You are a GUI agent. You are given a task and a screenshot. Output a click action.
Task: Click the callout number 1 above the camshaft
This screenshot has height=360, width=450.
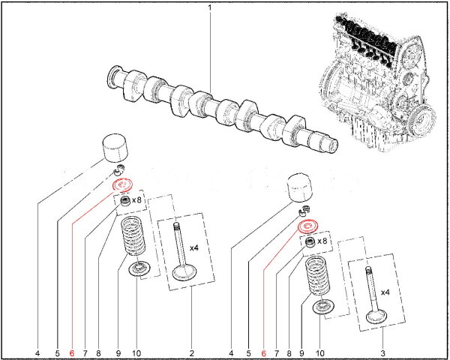click(x=210, y=7)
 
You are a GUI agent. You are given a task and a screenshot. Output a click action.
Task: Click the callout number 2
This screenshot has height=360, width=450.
click(x=191, y=352)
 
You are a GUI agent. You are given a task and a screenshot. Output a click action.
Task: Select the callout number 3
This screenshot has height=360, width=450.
click(x=382, y=352)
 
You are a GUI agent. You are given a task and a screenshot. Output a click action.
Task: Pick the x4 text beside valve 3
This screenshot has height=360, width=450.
click(x=385, y=292)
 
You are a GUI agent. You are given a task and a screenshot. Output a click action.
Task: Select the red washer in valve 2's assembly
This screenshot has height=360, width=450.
click(x=120, y=184)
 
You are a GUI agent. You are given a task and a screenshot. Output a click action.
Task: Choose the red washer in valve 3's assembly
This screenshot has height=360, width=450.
click(x=308, y=226)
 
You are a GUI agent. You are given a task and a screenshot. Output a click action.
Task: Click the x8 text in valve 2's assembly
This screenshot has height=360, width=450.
click(x=137, y=200)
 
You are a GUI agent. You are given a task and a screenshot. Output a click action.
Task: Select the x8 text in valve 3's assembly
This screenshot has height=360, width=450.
click(x=323, y=241)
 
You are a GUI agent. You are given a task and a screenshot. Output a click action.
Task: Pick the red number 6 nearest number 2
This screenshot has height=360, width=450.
click(x=72, y=352)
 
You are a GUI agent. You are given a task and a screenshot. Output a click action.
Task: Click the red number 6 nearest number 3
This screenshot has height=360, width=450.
click(x=264, y=352)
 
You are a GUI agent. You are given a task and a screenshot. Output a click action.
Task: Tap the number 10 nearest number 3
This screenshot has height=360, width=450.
click(x=320, y=352)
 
